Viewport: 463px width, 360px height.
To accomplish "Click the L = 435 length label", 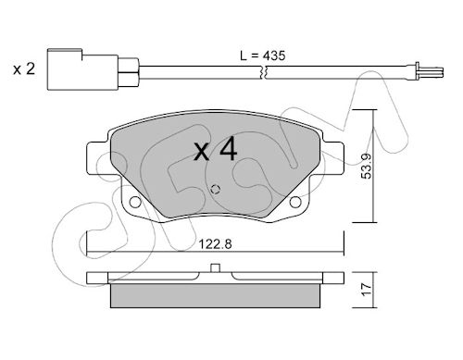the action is click(x=263, y=56).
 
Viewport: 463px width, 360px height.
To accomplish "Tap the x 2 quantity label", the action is click(x=24, y=69).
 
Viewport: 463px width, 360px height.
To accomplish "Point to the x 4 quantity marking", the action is click(x=215, y=149).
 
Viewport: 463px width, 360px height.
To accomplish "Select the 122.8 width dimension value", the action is click(x=215, y=244).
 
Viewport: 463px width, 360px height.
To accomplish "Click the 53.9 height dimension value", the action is click(x=367, y=167).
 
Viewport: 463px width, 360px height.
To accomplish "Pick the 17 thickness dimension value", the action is click(x=367, y=290).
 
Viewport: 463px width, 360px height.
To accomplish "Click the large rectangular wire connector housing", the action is click(x=82, y=69).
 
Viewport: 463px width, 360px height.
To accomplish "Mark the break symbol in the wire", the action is click(x=263, y=72).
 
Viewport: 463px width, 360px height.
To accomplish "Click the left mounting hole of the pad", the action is click(x=134, y=202).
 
